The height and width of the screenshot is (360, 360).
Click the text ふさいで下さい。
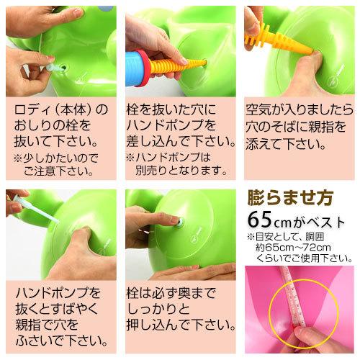pyautogui.click(x=62, y=337)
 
